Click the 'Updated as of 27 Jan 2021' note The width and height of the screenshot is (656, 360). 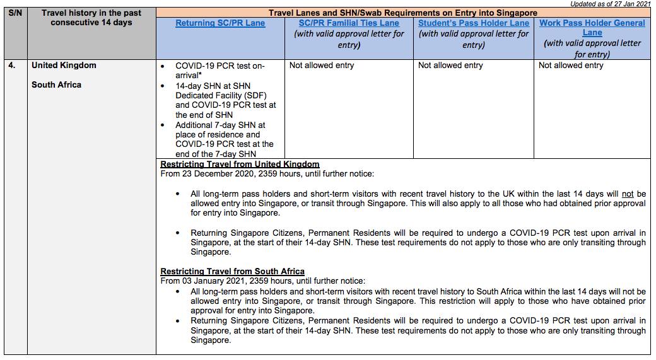(611, 4)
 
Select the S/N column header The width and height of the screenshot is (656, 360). (15, 13)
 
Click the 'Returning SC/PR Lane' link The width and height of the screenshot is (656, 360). (220, 23)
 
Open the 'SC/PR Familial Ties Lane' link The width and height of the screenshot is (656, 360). (349, 23)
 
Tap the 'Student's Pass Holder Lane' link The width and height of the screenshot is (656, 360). (474, 23)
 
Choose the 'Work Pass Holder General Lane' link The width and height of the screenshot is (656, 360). (592, 28)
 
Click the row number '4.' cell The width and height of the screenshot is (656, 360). (13, 66)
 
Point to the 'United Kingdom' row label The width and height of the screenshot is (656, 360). (64, 66)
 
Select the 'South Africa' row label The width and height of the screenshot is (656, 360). (56, 85)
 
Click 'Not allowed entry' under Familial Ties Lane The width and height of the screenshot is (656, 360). (322, 66)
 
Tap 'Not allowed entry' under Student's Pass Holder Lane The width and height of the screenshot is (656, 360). (450, 66)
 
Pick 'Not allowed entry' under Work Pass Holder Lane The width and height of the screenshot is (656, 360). (571, 66)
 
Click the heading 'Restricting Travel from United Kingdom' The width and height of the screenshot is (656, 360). (240, 165)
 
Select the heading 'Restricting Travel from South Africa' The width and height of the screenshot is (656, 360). (232, 272)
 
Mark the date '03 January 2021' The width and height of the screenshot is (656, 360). (213, 281)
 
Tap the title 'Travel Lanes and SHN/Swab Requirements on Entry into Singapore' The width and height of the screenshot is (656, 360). (403, 13)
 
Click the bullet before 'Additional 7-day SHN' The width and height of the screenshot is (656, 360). (163, 125)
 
